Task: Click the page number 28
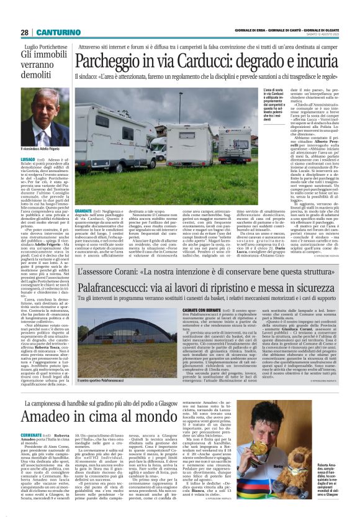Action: click(24, 32)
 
